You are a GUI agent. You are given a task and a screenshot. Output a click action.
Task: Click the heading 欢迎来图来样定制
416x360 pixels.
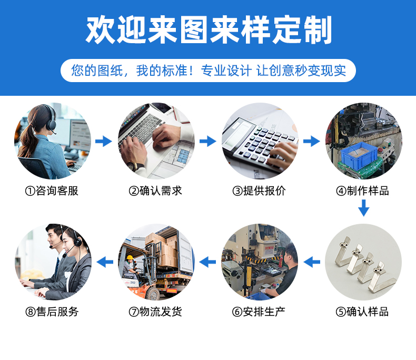[209, 29]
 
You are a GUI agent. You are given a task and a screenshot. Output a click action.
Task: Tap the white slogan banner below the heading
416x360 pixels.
[208, 71]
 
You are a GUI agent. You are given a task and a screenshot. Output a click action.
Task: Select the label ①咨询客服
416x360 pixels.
[52, 191]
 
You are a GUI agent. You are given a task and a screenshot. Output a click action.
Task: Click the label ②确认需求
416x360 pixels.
[155, 191]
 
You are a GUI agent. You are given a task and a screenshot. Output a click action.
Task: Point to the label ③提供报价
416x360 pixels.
[259, 191]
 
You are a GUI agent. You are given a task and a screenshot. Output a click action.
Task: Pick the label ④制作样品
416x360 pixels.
[363, 191]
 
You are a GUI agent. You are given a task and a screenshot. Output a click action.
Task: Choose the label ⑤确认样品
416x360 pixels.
[362, 312]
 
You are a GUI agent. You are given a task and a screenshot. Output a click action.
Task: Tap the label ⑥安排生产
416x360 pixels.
[259, 312]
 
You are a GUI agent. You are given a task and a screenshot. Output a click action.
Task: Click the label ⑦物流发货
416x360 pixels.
[155, 312]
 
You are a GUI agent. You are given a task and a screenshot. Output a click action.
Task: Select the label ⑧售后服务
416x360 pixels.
[52, 312]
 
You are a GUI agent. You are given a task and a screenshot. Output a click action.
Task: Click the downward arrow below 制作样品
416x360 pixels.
[364, 208]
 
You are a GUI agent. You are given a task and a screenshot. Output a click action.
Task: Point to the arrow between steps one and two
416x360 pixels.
[104, 141]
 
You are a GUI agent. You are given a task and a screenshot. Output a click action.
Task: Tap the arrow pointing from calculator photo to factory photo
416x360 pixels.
[311, 141]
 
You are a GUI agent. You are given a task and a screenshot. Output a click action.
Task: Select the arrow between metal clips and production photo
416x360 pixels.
[312, 262]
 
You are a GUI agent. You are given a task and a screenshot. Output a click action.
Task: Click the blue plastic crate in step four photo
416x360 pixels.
[359, 155]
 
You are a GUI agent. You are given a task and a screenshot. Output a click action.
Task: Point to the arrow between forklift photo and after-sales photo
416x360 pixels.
[105, 262]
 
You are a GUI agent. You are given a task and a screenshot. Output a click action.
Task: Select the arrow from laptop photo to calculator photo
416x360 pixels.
[208, 141]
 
